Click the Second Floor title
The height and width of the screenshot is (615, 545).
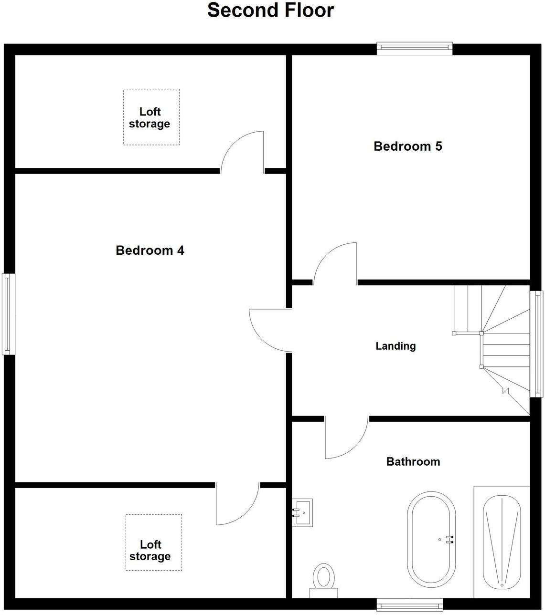pos(270,10)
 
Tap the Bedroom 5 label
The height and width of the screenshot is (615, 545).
pos(407,146)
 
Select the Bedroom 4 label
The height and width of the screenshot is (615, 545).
pos(150,250)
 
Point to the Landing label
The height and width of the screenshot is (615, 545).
pos(395,346)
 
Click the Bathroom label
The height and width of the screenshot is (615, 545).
pos(413,461)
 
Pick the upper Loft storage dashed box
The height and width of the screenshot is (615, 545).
pos(151,117)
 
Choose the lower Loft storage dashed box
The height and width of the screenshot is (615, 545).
pos(153,542)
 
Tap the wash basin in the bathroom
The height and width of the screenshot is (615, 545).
pos(302,512)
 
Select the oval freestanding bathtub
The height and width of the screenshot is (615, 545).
pos(431,539)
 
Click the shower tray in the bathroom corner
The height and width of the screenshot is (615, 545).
pos(502,542)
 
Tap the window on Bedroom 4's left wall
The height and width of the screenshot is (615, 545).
pos(8,314)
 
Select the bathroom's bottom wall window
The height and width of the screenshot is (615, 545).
pos(409,605)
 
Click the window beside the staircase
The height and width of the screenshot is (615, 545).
pos(536,344)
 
